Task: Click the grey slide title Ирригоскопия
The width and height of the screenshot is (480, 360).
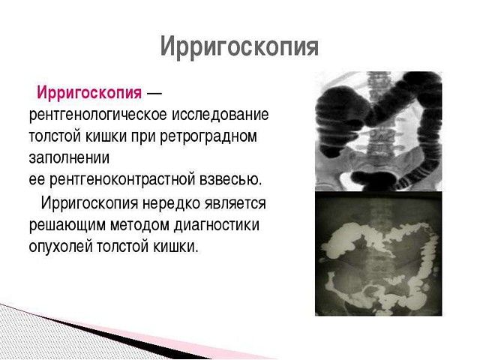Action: click(239, 47)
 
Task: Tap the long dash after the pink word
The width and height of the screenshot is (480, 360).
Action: click(153, 94)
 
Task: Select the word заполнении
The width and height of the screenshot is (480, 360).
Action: click(69, 159)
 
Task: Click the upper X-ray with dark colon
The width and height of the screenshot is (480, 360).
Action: click(378, 131)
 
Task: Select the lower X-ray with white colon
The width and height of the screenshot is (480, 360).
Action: click(378, 253)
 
